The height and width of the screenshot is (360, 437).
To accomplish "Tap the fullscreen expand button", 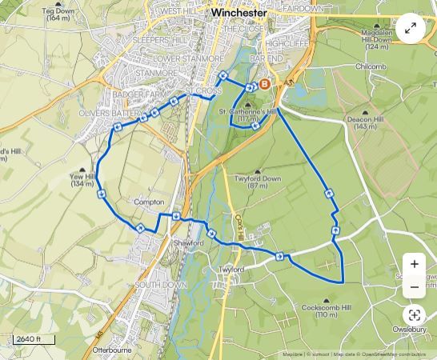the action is [411, 29].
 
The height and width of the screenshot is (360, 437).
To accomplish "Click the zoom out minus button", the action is [414, 287].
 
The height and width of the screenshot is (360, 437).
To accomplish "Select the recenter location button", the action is [414, 315].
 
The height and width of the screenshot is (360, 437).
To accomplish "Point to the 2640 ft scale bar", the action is [34, 340].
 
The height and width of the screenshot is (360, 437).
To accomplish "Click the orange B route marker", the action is [265, 83].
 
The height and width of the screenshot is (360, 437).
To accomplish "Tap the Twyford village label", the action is [231, 270].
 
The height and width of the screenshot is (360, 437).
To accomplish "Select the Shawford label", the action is [183, 242].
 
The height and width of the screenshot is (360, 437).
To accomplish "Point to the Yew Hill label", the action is [82, 180].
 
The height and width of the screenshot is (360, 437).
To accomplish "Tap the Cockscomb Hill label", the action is [326, 311].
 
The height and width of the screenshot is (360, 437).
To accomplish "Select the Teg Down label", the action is [58, 14].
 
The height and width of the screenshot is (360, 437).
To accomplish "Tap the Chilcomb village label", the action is [371, 66].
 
